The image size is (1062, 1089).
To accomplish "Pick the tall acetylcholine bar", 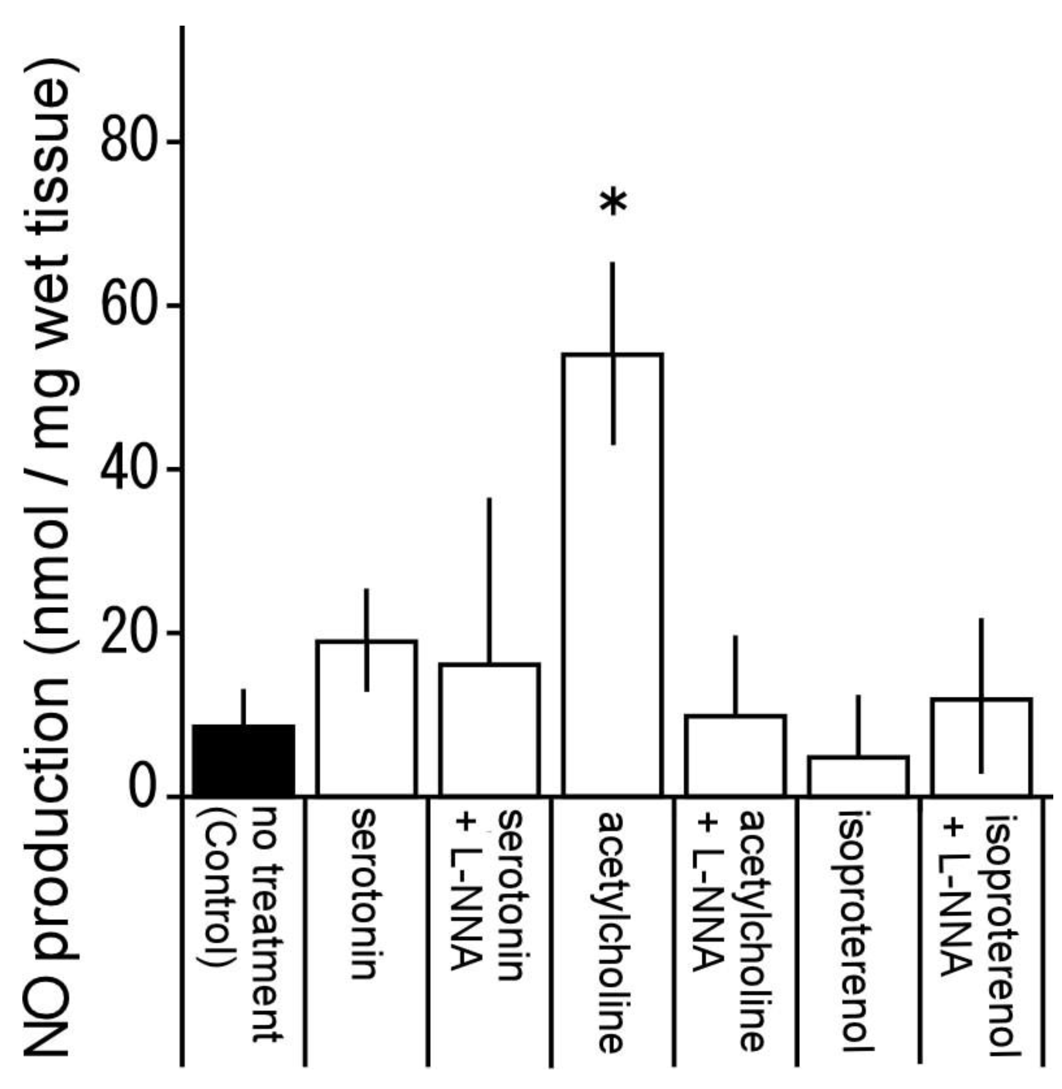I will tap(612, 575).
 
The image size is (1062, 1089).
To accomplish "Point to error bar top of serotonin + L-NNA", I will tap(489, 499).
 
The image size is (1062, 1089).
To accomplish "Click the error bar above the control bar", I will tap(243, 706).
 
